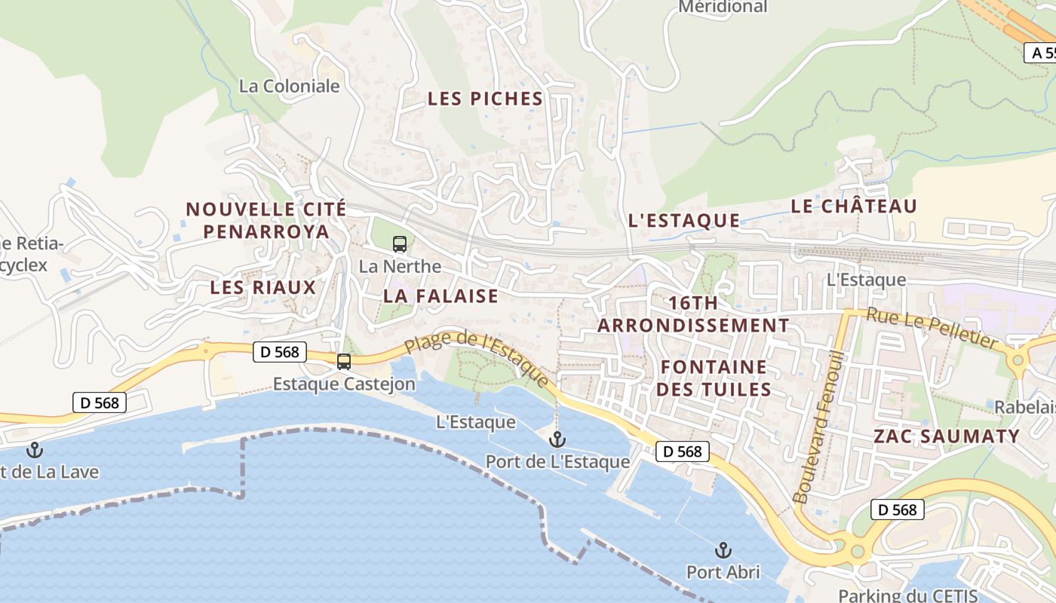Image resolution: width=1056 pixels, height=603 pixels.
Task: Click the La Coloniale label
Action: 289,86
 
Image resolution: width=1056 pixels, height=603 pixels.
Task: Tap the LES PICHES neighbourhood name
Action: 485,99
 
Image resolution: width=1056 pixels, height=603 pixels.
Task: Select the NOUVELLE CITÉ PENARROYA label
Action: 266,220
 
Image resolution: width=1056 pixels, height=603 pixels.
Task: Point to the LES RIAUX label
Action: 262,287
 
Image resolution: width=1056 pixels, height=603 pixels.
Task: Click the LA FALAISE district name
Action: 441,295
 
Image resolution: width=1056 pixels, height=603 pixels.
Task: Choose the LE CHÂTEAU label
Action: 854,207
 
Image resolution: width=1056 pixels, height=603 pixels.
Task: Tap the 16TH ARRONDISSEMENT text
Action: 693,314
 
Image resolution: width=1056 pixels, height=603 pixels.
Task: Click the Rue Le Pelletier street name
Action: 932,327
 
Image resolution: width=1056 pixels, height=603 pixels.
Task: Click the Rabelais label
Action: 1024,407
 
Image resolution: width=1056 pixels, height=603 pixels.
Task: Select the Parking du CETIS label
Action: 907,595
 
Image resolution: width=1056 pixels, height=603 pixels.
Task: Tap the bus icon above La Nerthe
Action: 400,244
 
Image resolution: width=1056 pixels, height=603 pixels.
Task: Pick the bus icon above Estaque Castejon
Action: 344,362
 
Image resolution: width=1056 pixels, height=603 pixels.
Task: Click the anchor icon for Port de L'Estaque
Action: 557,439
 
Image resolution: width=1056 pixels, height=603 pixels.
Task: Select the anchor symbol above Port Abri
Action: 723,549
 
